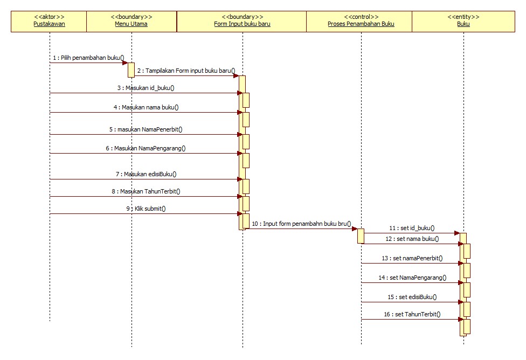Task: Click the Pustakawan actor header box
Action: pyautogui.click(x=49, y=21)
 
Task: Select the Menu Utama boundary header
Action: pyautogui.click(x=131, y=21)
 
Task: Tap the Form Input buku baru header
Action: pyautogui.click(x=242, y=21)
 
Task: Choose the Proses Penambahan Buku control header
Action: pyautogui.click(x=361, y=21)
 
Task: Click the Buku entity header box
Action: pyautogui.click(x=463, y=21)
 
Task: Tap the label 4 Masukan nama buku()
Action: pyautogui.click(x=146, y=107)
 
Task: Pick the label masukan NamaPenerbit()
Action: pyautogui.click(x=146, y=129)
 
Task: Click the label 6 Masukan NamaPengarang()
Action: pyautogui.click(x=146, y=148)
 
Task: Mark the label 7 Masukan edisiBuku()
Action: pyautogui.click(x=146, y=174)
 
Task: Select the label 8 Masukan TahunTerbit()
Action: pyautogui.click(x=146, y=191)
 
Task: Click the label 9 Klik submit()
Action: pyautogui.click(x=146, y=209)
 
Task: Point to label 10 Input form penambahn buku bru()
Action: pyautogui.click(x=301, y=223)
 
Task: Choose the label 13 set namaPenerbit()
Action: pyautogui.click(x=412, y=258)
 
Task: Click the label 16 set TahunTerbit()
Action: pyautogui.click(x=412, y=314)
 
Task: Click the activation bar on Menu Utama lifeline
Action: pyautogui.click(x=131, y=70)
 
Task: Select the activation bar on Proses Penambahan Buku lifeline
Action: pyautogui.click(x=361, y=236)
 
